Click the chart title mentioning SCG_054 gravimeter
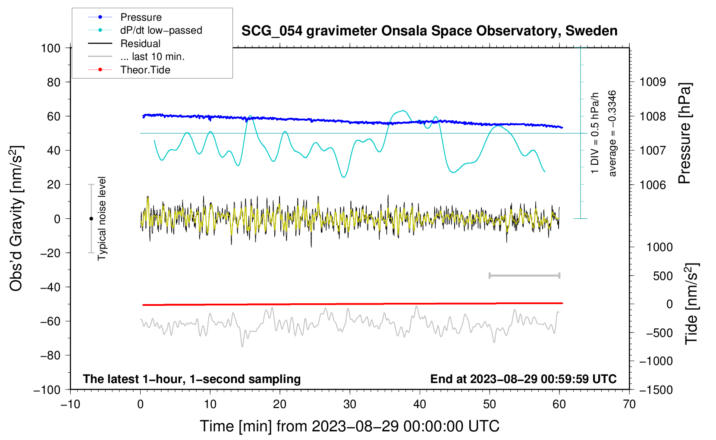[429, 31]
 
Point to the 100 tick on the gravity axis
[51, 48]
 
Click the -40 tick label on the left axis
[50, 287]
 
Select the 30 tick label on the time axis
[350, 404]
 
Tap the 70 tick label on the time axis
[629, 404]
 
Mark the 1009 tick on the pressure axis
[653, 82]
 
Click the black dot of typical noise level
[91, 219]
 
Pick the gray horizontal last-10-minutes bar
[524, 275]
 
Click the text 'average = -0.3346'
[612, 133]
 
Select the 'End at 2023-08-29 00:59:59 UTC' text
[523, 379]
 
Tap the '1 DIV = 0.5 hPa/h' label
[594, 133]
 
